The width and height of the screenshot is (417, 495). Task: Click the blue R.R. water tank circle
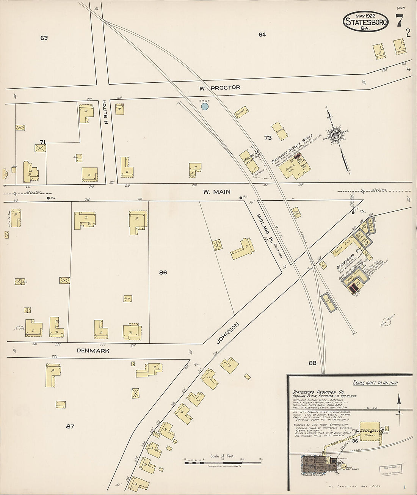coord(205,107)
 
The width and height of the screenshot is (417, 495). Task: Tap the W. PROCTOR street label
coord(220,88)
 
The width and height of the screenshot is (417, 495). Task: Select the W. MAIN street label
coord(216,192)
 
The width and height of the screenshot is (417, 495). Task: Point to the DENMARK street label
coord(93,351)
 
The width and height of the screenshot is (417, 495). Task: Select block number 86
coord(163,272)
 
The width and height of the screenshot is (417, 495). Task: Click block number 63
coord(44,38)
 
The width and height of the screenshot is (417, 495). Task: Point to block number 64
coord(262,35)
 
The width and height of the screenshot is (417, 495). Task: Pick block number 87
coord(70,426)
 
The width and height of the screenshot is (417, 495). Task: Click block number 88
coord(312,363)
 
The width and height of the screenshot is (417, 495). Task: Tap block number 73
coord(268,138)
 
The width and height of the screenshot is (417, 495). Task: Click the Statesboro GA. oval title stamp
coord(366,21)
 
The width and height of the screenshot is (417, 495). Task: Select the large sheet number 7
coord(399,21)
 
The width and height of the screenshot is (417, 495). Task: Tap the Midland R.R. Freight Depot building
coord(251,162)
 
